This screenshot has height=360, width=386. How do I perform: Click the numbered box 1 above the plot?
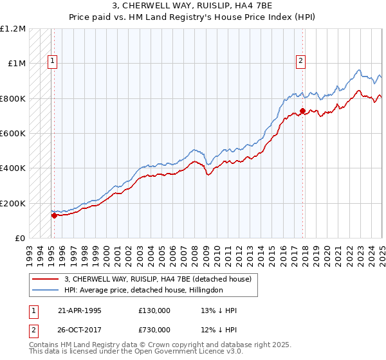tap(53, 62)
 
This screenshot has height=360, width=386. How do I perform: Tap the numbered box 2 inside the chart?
tap(300, 62)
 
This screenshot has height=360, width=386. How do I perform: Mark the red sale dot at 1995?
tap(55, 215)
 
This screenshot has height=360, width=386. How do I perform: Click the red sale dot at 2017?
tap(303, 111)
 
